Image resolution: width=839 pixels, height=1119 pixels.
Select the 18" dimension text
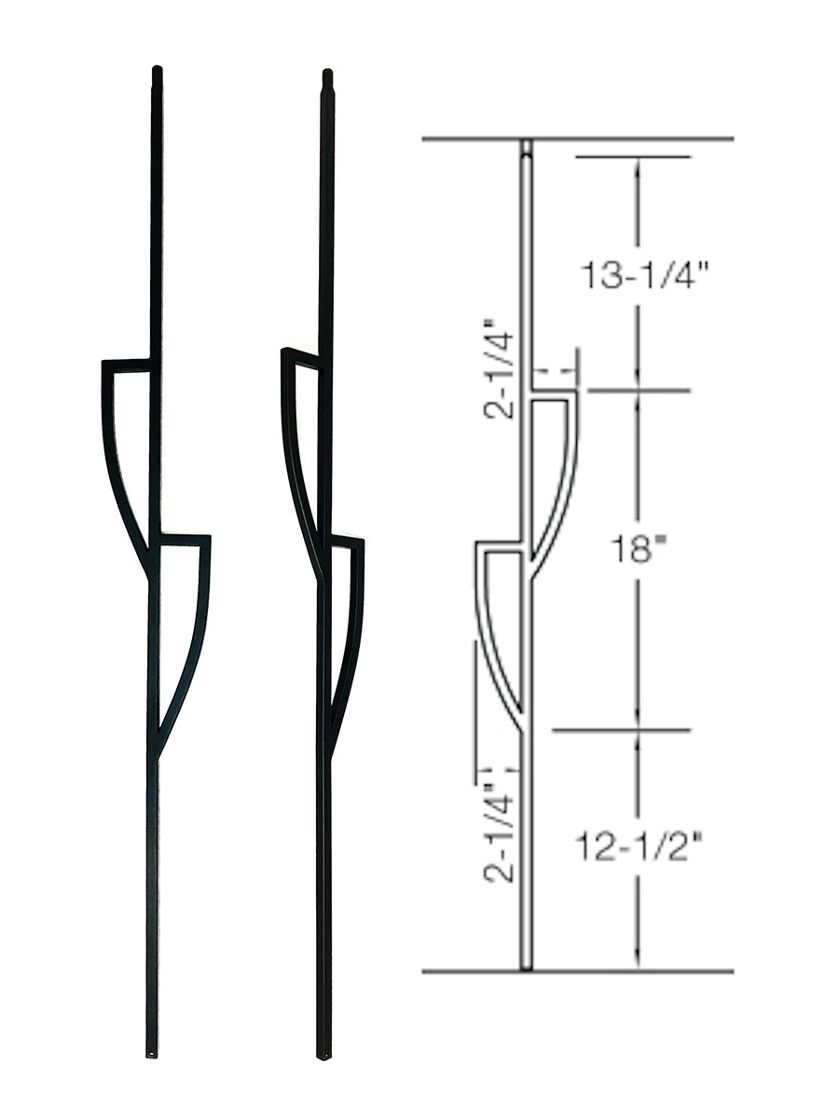(x=638, y=551)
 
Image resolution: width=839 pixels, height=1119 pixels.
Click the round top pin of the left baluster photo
(x=156, y=71)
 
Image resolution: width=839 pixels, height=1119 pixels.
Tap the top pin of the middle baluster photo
(x=327, y=74)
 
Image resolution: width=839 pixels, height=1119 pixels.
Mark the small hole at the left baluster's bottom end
(x=152, y=1054)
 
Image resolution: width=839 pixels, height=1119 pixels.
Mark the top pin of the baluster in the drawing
(x=527, y=147)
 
